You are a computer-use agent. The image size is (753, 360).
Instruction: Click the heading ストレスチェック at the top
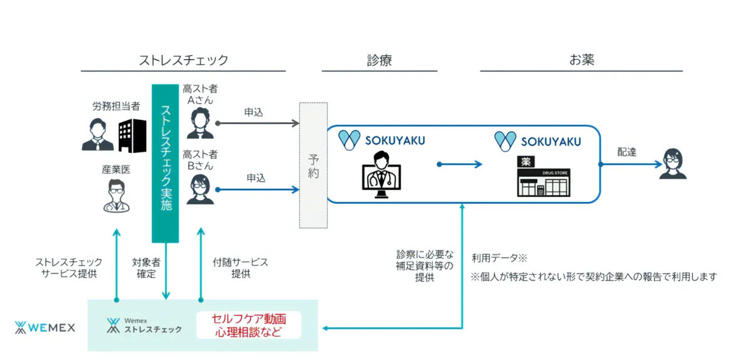tap(183, 60)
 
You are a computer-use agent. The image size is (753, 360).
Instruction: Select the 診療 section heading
tap(380, 60)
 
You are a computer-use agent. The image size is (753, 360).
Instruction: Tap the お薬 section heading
tap(581, 60)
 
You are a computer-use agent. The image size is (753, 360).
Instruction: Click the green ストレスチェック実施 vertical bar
tap(166, 163)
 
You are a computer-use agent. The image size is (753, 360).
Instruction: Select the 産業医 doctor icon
tap(115, 195)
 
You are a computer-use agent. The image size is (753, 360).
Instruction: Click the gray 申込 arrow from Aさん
tap(257, 123)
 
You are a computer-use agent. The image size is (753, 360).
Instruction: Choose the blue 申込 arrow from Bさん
tap(257, 189)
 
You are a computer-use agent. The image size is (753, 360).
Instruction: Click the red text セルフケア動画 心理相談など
tap(249, 325)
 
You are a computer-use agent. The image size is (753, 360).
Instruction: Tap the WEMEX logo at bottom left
tap(45, 327)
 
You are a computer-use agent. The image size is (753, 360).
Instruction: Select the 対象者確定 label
tap(148, 267)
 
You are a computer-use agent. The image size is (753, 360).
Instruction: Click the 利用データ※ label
tap(499, 258)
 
